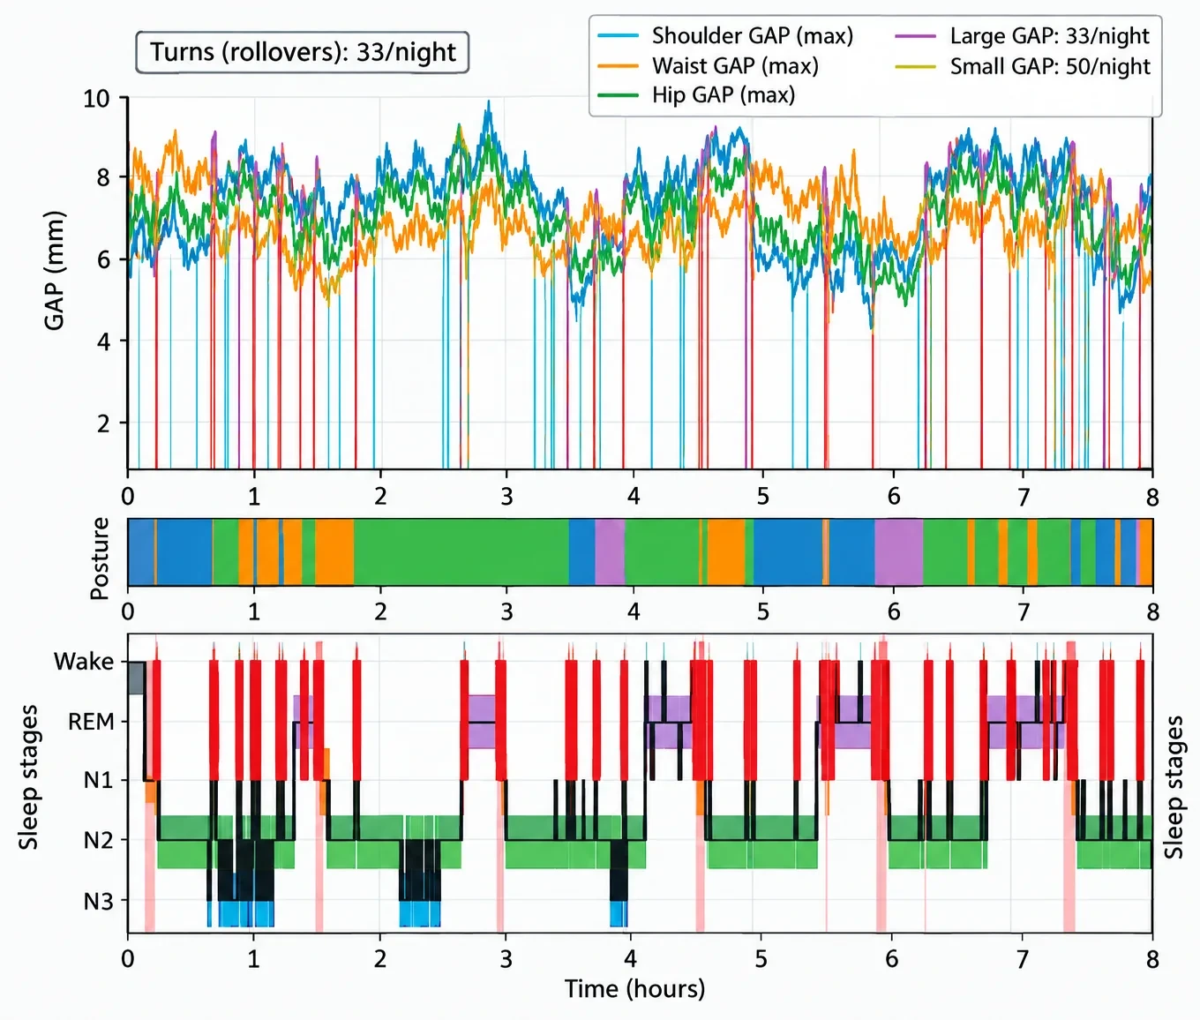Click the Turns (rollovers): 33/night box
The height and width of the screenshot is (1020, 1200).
(x=302, y=52)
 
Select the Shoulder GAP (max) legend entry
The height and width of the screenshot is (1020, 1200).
(x=725, y=36)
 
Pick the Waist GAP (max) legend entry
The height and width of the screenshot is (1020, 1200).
(x=709, y=65)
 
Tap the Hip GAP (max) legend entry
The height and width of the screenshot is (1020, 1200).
(x=697, y=94)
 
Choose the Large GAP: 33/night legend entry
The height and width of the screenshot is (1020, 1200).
(x=1023, y=36)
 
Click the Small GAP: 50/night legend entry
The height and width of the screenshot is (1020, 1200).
(x=1023, y=66)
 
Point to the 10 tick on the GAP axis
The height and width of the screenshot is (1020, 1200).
(x=96, y=99)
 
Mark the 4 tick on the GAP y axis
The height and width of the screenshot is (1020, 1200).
(x=103, y=341)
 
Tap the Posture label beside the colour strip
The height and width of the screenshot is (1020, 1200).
(x=100, y=558)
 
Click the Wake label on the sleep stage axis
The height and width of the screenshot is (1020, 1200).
(x=84, y=661)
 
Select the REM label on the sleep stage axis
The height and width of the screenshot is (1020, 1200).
(x=91, y=722)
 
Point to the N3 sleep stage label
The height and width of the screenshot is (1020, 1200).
(x=99, y=902)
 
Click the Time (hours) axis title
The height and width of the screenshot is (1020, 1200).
(x=635, y=988)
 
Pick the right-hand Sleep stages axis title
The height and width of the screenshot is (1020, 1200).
(x=1174, y=787)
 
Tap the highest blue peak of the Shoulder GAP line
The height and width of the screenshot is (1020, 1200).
(x=489, y=101)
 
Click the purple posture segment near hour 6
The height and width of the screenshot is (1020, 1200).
(x=899, y=552)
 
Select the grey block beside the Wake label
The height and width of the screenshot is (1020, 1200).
(x=136, y=678)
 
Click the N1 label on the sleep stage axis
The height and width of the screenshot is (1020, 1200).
(x=99, y=781)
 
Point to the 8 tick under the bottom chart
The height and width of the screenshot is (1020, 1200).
(x=1151, y=958)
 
